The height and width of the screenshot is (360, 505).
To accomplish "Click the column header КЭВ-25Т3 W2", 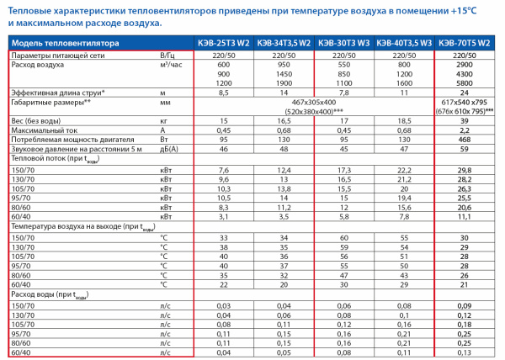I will (x=223, y=43).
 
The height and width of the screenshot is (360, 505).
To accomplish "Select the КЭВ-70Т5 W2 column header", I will (x=465, y=43).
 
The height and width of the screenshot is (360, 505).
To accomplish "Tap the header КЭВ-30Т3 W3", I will (x=343, y=43).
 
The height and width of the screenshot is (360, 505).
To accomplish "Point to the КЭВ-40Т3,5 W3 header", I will (x=404, y=43).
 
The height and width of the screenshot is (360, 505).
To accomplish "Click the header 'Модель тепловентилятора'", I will (x=58, y=43).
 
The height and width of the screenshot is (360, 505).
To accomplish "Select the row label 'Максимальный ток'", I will (x=42, y=130).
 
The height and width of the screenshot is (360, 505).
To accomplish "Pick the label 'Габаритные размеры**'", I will (x=51, y=101).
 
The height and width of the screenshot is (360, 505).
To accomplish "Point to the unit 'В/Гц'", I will (x=168, y=55).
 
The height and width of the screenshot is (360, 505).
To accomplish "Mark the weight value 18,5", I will (x=404, y=120).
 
